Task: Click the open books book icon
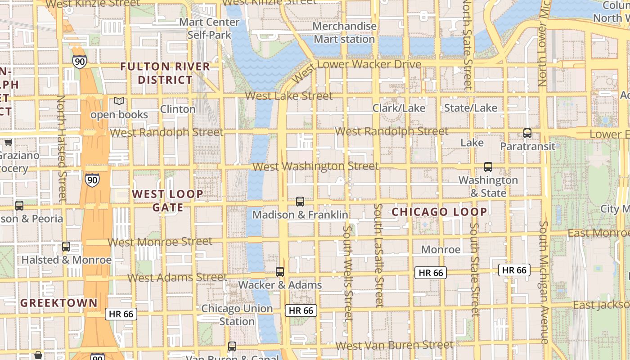[x=119, y=101]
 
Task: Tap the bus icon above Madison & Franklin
[x=300, y=202]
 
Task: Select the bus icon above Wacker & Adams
[x=280, y=272]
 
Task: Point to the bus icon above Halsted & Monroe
[x=66, y=247]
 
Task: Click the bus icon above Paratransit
[x=527, y=133]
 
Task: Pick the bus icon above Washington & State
[x=488, y=167]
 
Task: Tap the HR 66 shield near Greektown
[x=121, y=314]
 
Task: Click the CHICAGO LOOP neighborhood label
[x=439, y=212]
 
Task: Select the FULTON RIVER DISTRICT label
[x=165, y=73]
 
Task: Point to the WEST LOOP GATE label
[x=167, y=201]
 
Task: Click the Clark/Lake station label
[x=399, y=108]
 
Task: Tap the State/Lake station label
[x=471, y=108]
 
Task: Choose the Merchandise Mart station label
[x=344, y=33]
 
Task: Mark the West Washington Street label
[x=315, y=166]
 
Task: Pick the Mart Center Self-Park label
[x=209, y=28]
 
